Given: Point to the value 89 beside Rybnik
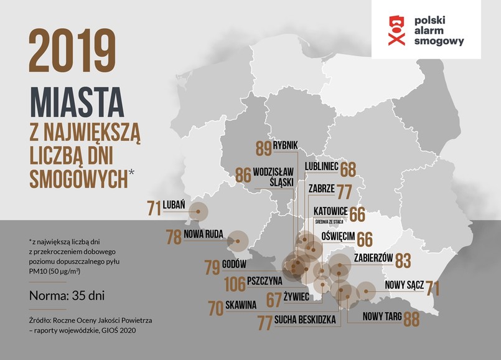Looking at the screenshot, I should coord(263,148).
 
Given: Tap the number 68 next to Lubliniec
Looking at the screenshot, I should coord(348,169).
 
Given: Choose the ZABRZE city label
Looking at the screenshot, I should coord(322,188).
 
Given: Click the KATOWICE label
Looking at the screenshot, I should coord(328,212).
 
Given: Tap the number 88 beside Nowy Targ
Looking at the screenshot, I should coord(411,318).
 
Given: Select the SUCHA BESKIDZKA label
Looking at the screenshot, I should coord(309,320).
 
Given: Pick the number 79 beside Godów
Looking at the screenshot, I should coord(212,268).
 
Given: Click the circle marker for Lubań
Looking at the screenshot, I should coord(199,211).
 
